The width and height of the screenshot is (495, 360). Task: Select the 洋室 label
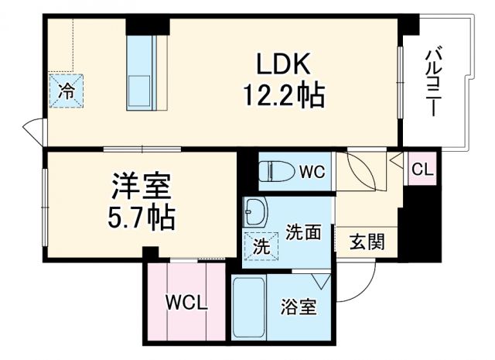click(141, 187)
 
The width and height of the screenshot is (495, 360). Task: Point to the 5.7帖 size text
click(141, 217)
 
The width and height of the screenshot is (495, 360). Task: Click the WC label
click(312, 170)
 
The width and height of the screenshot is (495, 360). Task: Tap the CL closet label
click(422, 170)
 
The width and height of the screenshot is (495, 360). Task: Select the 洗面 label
click(302, 232)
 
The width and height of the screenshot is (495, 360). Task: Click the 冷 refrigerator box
click(68, 90)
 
